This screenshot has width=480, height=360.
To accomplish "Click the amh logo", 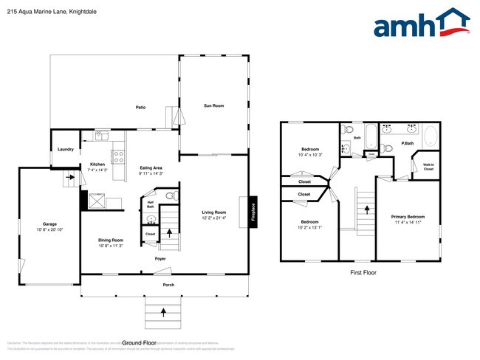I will tap(421, 24).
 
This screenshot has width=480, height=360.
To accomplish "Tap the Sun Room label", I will tap(214, 106).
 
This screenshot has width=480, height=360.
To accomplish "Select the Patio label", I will tap(140, 108).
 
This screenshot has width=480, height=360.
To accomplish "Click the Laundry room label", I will tap(66, 150).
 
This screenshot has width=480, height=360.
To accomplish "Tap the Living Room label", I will tap(214, 212).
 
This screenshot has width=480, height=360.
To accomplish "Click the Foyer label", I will tap(160, 259).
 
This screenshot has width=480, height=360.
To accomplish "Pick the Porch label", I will tap(168, 284).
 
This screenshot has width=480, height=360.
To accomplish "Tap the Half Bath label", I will tap(151, 204).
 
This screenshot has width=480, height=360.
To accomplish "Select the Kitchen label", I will tap(97, 164).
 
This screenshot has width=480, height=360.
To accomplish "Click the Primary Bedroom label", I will tap(408, 216).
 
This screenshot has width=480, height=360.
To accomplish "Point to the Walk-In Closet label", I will tap(428, 167).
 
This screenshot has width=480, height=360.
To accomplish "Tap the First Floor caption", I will tap(363, 273).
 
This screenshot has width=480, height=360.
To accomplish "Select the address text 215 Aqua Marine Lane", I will tap(36, 13).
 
